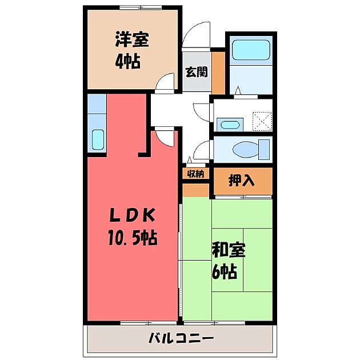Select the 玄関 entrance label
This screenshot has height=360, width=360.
(x=195, y=72)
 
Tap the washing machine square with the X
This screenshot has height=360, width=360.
(x=261, y=121)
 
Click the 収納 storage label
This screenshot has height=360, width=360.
(x=195, y=173)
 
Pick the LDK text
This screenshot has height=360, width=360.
(x=132, y=215)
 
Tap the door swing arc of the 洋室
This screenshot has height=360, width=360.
(x=165, y=83)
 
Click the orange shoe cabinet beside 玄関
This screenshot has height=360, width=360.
(x=219, y=72)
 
